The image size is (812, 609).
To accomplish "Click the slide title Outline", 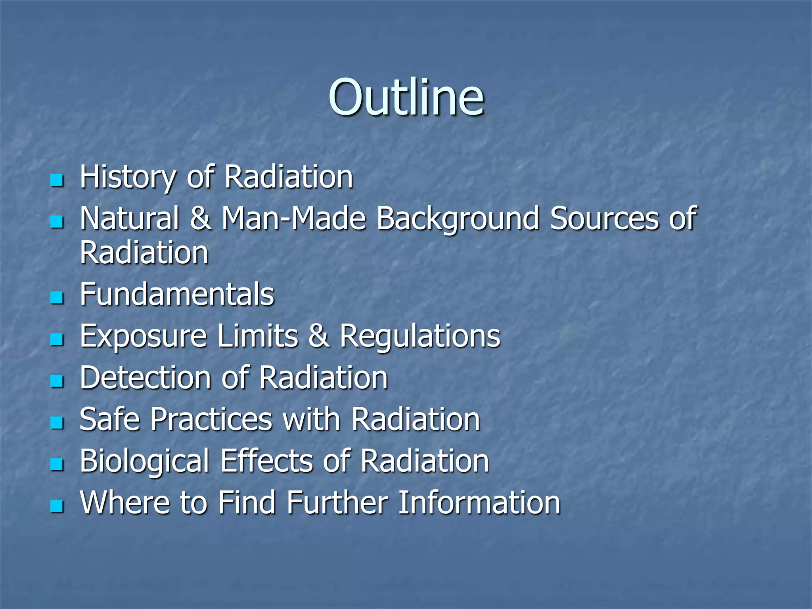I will pyautogui.click(x=406, y=98).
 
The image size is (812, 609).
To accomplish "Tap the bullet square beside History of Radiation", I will pyautogui.click(x=57, y=181).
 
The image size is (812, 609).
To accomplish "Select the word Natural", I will pyautogui.click(x=129, y=218).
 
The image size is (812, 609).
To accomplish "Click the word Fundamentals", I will pyautogui.click(x=177, y=295).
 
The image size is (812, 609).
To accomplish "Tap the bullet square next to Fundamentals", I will pyautogui.click(x=57, y=298).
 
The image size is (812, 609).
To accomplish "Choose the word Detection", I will pyautogui.click(x=145, y=378).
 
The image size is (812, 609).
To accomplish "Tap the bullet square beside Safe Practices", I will pyautogui.click(x=57, y=423).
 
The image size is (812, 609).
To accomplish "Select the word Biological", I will pyautogui.click(x=144, y=462).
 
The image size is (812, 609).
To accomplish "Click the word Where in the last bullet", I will pyautogui.click(x=125, y=503).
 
